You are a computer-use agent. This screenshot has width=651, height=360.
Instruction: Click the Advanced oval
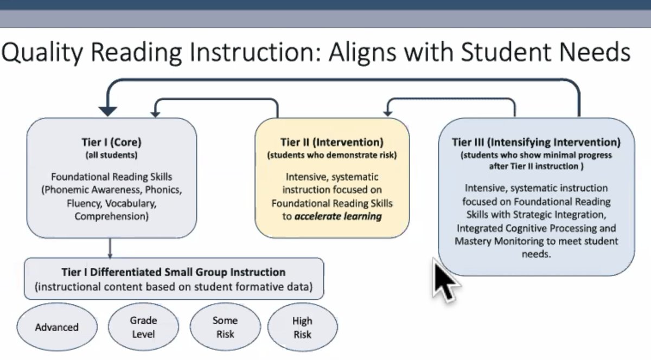point(57,327)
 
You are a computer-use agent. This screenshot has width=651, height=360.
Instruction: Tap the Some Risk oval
point(225,327)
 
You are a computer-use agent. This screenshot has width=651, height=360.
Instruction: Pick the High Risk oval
point(302,327)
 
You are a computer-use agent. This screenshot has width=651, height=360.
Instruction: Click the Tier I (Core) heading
point(111,144)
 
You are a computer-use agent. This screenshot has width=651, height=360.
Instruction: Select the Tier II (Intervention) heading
point(332,143)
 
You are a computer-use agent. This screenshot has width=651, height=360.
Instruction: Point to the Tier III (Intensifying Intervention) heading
point(536,143)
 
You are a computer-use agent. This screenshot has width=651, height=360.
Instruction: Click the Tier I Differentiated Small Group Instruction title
point(174,272)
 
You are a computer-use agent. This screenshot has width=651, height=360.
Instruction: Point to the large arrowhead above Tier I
point(108,111)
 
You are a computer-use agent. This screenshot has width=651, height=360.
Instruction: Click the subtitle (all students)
point(111,155)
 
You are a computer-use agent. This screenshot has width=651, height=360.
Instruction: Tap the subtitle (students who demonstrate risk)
point(332,155)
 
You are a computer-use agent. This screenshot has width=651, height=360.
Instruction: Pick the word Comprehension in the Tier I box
point(112,216)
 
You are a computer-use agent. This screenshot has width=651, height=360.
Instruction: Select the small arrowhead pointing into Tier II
point(387,112)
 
